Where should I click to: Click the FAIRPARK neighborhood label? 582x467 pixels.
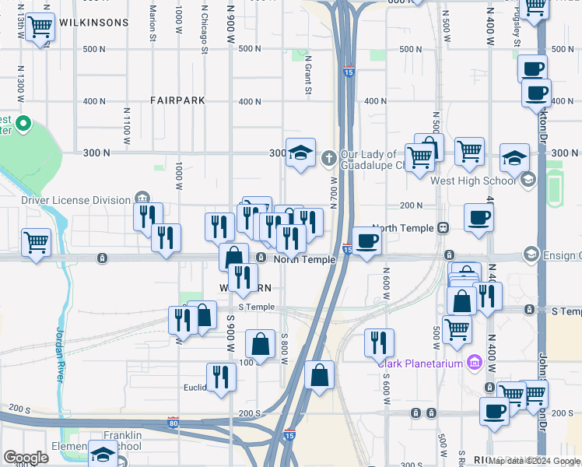[178, 100]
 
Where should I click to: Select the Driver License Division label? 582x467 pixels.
[75, 200]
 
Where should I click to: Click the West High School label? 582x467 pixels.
[472, 181]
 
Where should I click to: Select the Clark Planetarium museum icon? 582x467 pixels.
[475, 362]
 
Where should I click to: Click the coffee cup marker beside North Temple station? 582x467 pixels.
[366, 241]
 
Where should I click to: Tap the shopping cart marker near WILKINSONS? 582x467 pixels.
[40, 27]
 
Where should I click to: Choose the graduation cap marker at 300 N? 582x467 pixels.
[300, 153]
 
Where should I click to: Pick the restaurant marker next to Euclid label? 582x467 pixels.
[221, 377]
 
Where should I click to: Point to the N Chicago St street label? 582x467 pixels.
[205, 30]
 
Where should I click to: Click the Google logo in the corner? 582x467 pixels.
[26, 458]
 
